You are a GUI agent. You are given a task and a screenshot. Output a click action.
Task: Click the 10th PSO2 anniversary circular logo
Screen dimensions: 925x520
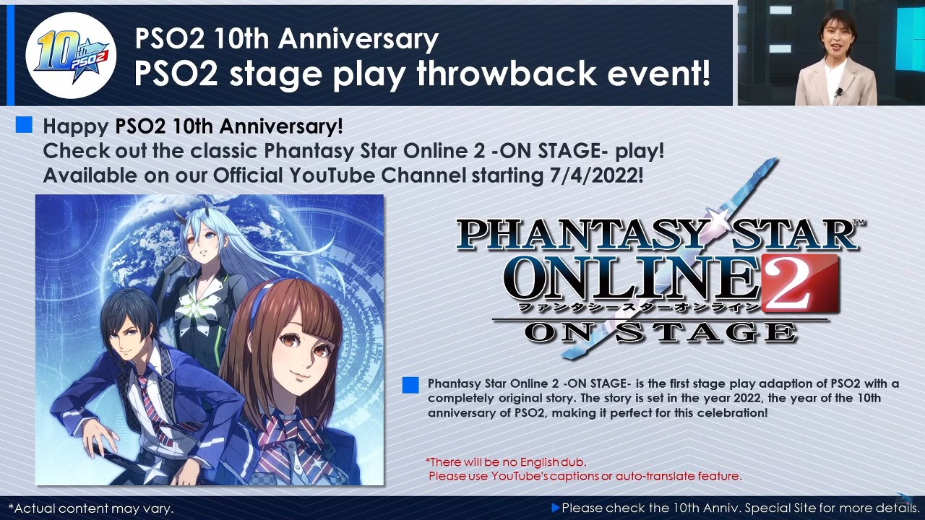coord(71,56)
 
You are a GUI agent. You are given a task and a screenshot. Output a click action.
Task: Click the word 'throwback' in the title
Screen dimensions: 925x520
coord(507,73)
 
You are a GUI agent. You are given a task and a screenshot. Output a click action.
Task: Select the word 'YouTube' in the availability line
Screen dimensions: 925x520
coord(332,175)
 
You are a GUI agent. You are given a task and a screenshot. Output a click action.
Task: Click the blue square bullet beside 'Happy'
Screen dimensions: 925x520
coord(24,125)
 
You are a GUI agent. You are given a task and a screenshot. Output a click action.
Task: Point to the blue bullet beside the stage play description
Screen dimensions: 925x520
coord(410,385)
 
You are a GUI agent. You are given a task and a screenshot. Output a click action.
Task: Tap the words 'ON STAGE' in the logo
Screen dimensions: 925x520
coord(660,333)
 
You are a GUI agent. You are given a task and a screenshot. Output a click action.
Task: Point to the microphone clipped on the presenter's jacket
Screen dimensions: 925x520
coord(839,92)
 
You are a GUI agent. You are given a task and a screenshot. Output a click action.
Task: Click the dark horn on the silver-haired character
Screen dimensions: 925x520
coord(180,218)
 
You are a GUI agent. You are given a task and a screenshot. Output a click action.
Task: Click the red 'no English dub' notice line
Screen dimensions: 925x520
coord(506,461)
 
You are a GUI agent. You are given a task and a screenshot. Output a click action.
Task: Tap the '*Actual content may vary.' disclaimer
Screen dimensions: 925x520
coord(91,508)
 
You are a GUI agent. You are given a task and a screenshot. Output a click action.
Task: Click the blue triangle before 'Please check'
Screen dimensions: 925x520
coord(556,508)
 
